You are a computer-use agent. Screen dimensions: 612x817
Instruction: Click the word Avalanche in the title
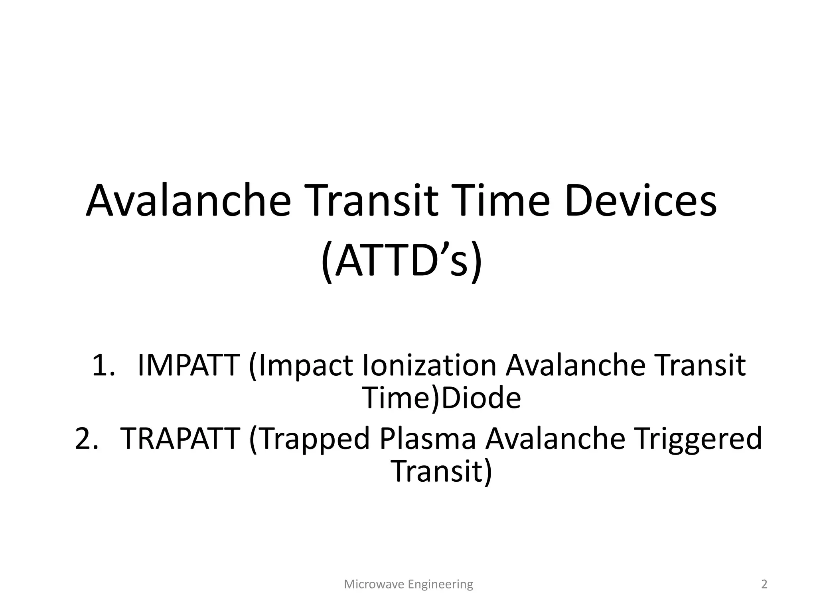tap(188, 200)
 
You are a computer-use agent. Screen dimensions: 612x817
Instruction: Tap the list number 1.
tap(103, 365)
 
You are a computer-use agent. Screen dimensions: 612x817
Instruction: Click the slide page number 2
tap(764, 585)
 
